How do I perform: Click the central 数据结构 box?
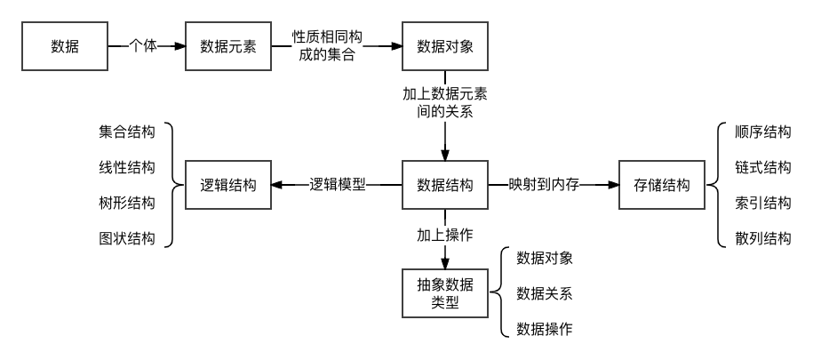click(443, 186)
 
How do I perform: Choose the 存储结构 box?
click(662, 186)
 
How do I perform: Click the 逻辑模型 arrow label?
click(337, 186)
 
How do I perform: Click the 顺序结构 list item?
click(763, 132)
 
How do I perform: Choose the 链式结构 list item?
click(763, 168)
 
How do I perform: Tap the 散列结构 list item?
click(763, 238)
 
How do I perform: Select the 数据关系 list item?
click(545, 294)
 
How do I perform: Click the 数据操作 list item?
click(545, 330)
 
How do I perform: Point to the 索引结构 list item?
click(763, 204)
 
